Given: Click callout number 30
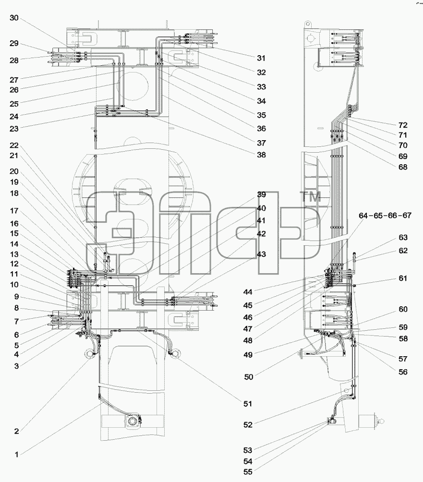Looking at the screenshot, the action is [x=14, y=18].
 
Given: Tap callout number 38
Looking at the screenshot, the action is [x=261, y=155].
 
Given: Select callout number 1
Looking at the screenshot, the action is [x=17, y=454].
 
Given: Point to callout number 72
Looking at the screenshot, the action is [x=403, y=125].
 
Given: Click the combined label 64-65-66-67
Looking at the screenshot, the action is [x=385, y=216].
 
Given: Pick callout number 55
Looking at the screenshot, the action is [x=248, y=471].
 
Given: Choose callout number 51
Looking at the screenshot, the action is [x=248, y=404].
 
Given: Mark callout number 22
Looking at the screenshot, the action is [x=14, y=145].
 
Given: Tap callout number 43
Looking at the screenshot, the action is [x=261, y=254].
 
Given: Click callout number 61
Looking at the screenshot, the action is [x=403, y=278].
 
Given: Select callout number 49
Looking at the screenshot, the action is [x=248, y=354].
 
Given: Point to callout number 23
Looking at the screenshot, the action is [x=14, y=129].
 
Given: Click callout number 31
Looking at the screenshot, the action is [x=261, y=58].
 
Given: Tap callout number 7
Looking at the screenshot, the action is [x=17, y=321].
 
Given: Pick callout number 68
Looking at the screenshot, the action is [x=403, y=167].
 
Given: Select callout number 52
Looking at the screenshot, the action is [x=248, y=424].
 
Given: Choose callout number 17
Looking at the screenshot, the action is [x=14, y=211].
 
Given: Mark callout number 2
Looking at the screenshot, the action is [x=17, y=431].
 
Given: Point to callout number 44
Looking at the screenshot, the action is [x=248, y=292].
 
